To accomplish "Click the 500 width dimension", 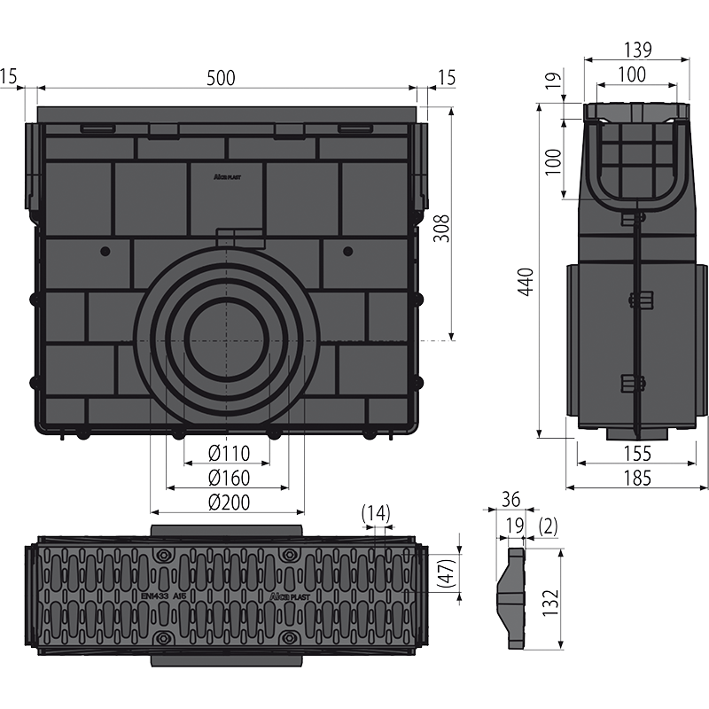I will coord(222,78).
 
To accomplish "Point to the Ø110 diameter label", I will coord(229,454).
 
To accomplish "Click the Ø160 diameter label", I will coord(229,479).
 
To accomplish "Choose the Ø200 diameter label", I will coord(229,503).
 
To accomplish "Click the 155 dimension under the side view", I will coord(636,454).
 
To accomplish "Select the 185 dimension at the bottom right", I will coord(636,479).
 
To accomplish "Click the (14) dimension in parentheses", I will coord(376,513).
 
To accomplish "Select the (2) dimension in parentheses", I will coord(548,526).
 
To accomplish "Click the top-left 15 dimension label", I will coord(8,78).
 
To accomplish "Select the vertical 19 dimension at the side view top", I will coord(550,86).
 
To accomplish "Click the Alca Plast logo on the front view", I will coord(229,175).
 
